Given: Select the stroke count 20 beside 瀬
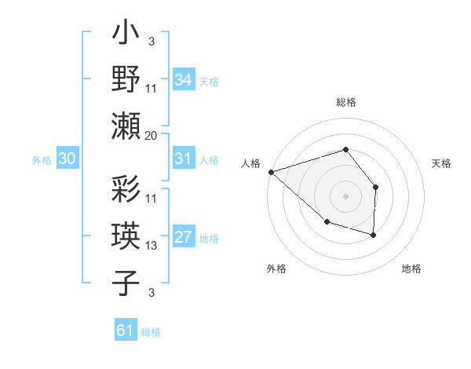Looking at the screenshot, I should (152, 135).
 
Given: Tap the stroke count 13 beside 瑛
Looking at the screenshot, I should (152, 246).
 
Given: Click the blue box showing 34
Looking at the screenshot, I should (183, 80).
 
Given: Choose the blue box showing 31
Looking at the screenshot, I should (183, 159).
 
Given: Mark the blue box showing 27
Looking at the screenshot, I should (183, 238).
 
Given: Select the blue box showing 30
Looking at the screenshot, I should (67, 159).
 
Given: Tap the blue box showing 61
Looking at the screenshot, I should (125, 331).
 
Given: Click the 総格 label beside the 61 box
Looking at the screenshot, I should (151, 332).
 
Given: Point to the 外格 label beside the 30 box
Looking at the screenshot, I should (42, 160).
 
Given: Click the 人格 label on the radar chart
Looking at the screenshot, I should (251, 163).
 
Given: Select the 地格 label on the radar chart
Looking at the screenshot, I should (411, 269).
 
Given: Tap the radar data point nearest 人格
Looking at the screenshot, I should (271, 172).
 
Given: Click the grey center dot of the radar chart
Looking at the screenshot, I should (345, 195).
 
